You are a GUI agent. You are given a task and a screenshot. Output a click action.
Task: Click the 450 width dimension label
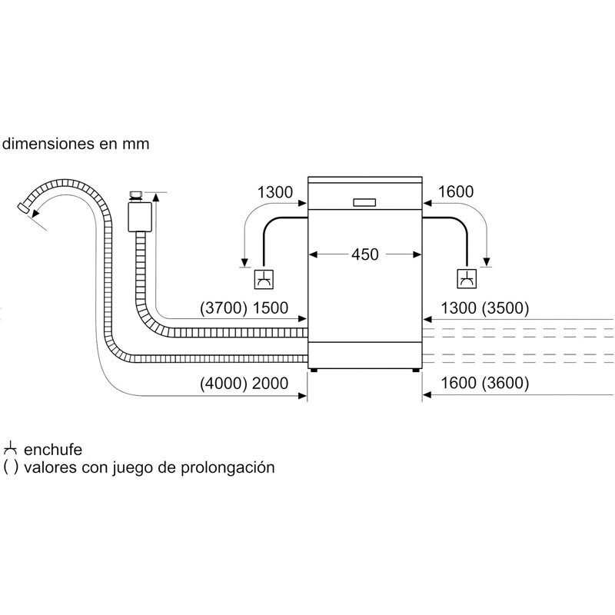point(364,254)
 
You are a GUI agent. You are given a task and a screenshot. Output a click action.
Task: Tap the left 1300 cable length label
point(274,192)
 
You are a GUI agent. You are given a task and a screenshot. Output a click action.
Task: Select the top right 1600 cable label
point(456,192)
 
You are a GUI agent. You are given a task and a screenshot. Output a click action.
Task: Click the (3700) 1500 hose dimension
point(243,309)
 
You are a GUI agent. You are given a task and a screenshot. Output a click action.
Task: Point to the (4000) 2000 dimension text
point(243,382)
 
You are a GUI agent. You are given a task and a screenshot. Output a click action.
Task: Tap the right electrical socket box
point(467,279)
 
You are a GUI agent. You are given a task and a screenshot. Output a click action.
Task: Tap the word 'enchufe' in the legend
point(53,450)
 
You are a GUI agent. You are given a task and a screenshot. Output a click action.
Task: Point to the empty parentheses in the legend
point(10,467)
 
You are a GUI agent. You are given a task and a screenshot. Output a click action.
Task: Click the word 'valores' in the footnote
point(48,467)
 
